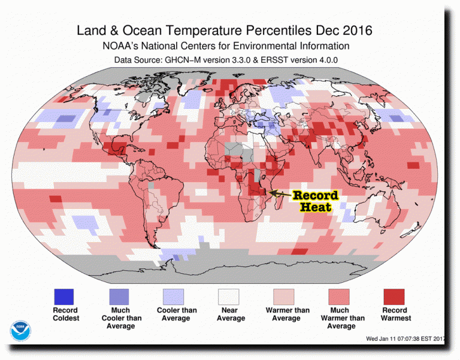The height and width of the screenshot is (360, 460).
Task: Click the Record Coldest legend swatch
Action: tap(63, 297)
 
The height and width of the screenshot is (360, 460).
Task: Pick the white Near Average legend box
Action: tap(228, 297)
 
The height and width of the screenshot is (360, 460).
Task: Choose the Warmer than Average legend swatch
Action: tap(285, 297)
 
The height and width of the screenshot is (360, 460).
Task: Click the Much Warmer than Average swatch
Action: tap(339, 297)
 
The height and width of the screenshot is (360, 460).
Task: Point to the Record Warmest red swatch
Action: tap(394, 297)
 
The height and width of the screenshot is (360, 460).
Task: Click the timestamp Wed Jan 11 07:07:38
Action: tap(396, 338)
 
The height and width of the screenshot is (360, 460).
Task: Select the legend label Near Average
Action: tap(228, 314)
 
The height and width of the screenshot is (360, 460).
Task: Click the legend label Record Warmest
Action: tap(394, 314)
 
